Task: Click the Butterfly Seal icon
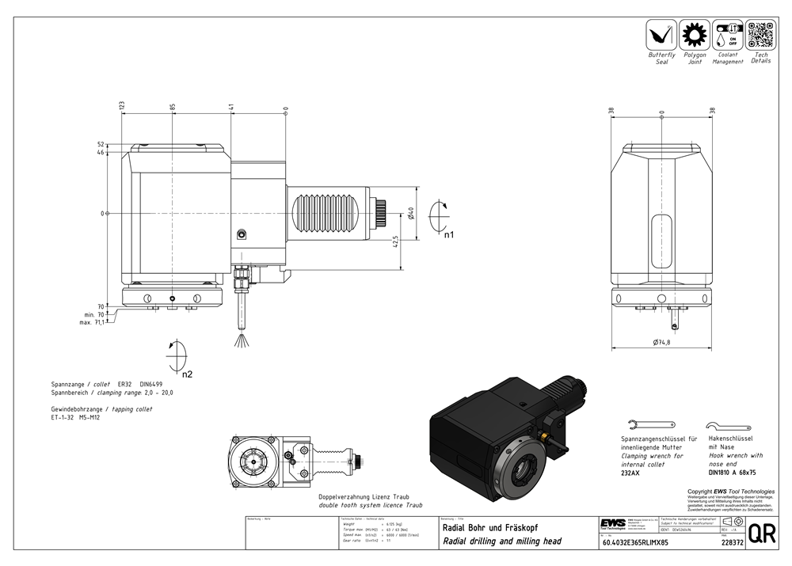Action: point(661,35)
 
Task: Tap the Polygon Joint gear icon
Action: point(694,35)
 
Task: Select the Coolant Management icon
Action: point(727,35)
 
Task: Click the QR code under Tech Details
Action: point(760,35)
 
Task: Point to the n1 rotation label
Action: point(448,235)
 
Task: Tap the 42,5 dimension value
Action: point(394,242)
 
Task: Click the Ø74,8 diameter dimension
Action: point(662,342)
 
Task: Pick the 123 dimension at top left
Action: point(122,106)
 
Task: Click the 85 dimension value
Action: point(172,106)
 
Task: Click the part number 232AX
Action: point(630,473)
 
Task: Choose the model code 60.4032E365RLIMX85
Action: point(635,543)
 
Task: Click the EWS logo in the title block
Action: point(611,524)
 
